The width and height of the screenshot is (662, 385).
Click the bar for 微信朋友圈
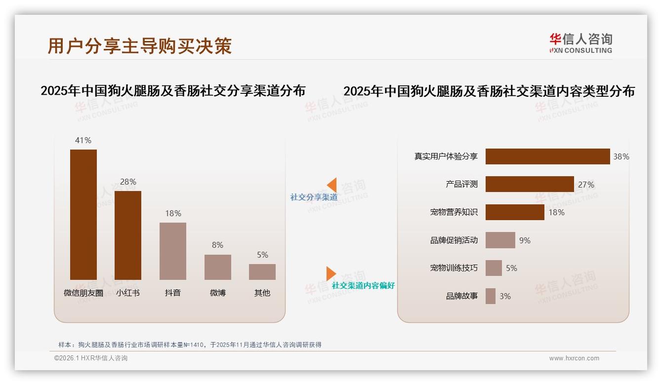coord(83,215)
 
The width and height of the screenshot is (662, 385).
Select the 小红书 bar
coord(128,235)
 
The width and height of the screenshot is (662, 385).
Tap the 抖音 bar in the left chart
coord(173,251)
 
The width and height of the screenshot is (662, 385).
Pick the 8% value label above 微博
coord(217,245)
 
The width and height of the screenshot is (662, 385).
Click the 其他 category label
coord(262,293)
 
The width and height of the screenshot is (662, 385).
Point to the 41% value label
coord(83,140)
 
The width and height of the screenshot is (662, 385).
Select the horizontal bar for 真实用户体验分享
coord(547,156)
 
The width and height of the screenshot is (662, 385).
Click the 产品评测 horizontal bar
coord(530,184)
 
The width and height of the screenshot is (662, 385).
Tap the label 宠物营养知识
coord(454,212)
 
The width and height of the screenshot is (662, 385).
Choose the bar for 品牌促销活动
coord(500,240)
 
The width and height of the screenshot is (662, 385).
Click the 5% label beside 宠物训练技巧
coord(511,268)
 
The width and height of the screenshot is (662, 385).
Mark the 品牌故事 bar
coord(491,296)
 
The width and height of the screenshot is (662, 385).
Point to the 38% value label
coord(621,156)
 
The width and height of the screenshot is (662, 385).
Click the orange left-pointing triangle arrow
coord(332,185)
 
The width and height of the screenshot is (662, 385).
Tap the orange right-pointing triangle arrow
coord(331,273)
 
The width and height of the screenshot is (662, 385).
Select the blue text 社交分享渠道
coord(314,197)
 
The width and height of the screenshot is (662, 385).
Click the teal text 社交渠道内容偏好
coord(363,286)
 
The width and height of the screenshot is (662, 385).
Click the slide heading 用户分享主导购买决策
coord(140,46)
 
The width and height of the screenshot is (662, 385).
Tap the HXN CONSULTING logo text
coord(581,50)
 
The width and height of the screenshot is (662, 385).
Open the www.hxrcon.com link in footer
coord(574,358)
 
